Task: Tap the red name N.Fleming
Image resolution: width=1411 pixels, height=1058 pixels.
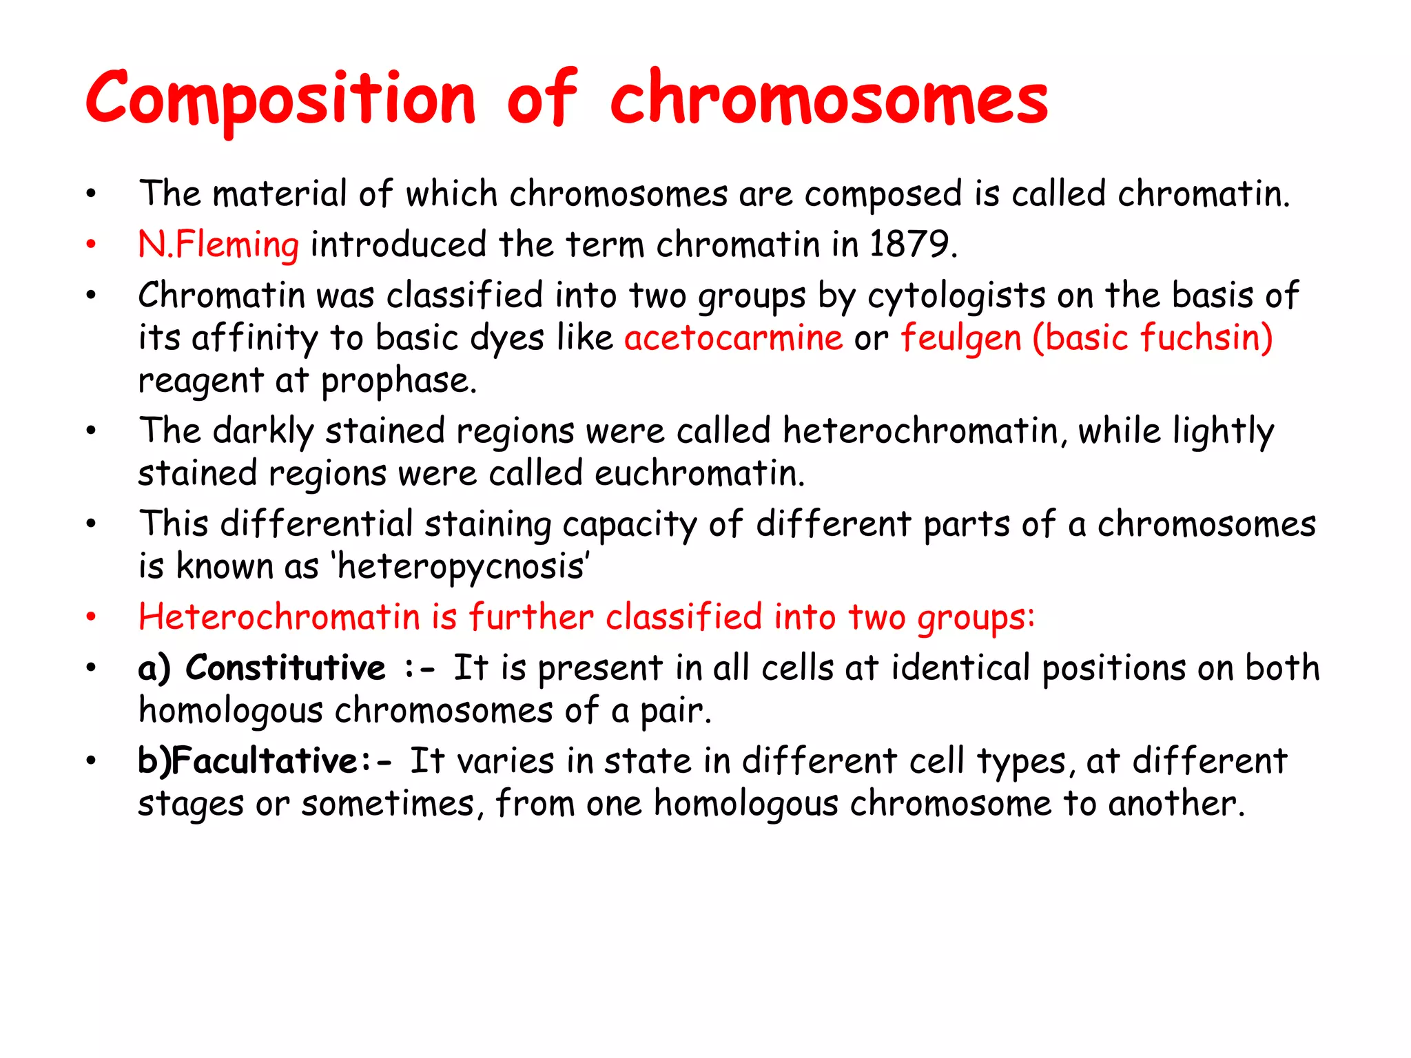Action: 218,245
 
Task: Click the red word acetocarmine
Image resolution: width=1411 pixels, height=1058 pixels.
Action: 733,338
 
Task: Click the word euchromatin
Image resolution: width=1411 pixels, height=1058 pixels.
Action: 699,474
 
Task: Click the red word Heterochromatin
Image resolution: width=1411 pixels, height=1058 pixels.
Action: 279,616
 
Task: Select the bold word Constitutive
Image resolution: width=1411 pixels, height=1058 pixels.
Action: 285,667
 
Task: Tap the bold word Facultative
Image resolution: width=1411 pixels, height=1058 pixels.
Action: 265,761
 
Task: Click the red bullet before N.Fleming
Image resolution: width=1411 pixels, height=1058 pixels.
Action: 91,245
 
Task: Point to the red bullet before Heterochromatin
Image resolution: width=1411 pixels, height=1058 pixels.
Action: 91,617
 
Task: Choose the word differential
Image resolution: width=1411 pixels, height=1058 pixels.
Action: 316,524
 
